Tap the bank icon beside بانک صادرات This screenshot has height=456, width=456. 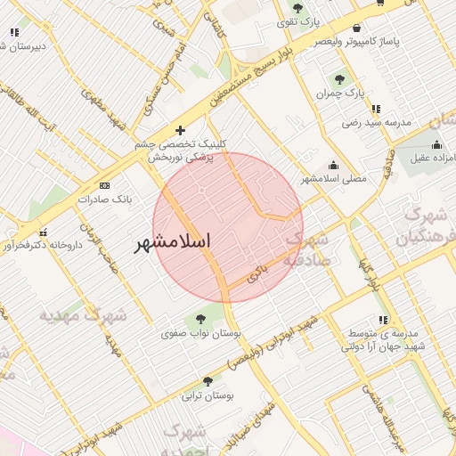click(105, 185)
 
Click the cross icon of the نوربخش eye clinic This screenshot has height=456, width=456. click(180, 130)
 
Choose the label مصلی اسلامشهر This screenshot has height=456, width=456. click(333, 178)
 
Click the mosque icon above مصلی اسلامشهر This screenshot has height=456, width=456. click(333, 164)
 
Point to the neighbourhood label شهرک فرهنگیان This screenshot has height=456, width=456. click(426, 226)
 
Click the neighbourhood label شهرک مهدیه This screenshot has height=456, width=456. click(84, 315)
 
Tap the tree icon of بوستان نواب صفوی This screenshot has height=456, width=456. click(199, 318)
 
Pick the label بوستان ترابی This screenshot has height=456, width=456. click(207, 395)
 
